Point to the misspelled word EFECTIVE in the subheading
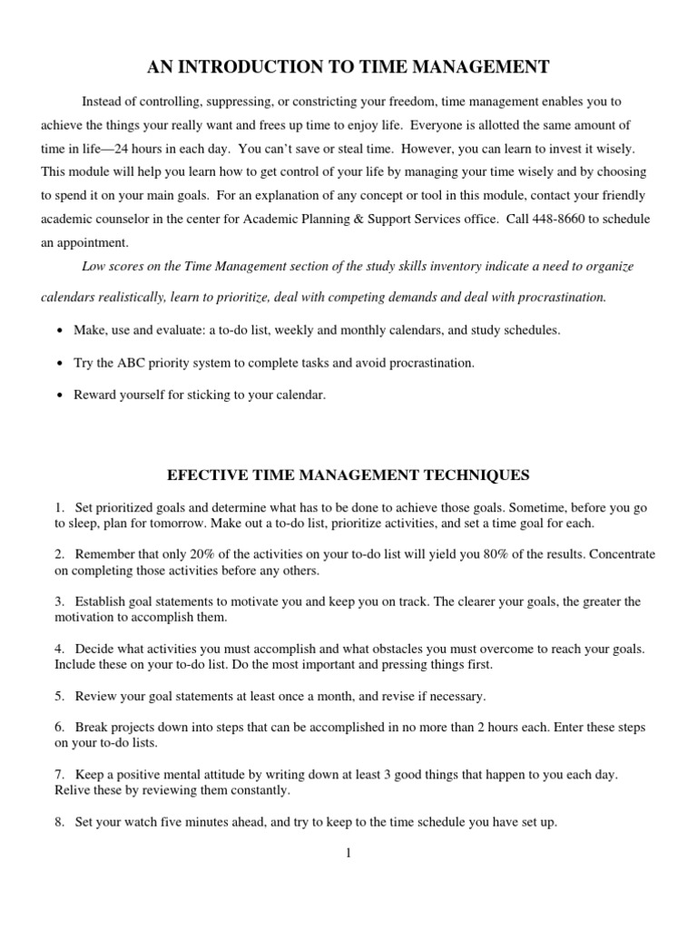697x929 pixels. point(205,474)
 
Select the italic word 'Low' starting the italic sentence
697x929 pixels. point(93,266)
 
